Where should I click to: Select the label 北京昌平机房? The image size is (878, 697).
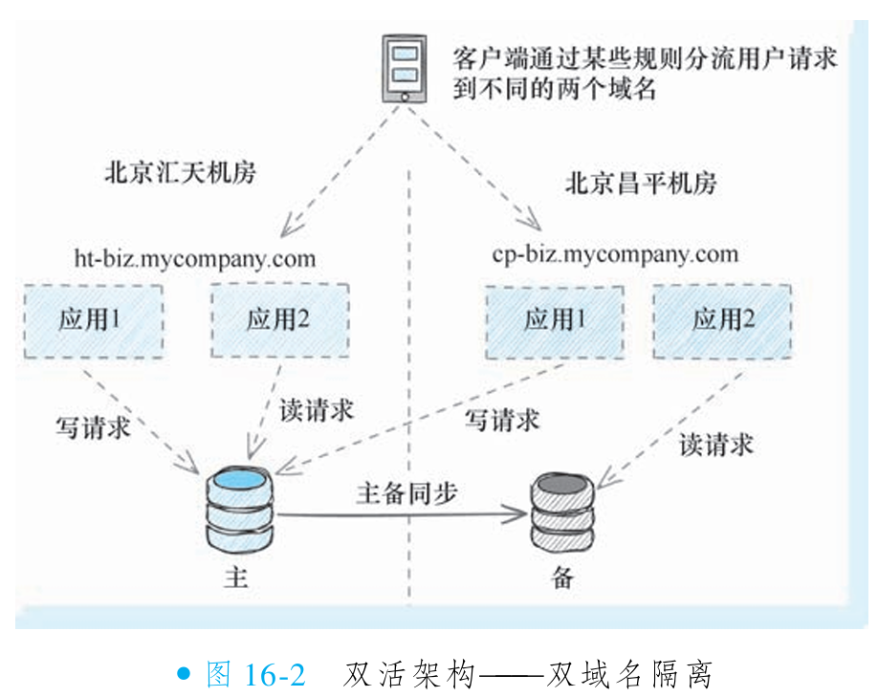click(x=641, y=182)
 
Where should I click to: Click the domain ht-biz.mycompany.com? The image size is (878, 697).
click(x=194, y=258)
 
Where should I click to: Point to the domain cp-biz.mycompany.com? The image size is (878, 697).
click(x=615, y=253)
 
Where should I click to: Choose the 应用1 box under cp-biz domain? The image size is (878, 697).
click(x=554, y=319)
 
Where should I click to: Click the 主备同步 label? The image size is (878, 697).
click(x=406, y=493)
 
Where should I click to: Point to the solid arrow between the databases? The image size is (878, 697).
click(x=402, y=516)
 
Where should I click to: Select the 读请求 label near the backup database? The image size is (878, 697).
click(x=716, y=444)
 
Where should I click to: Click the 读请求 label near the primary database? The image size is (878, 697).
click(x=317, y=410)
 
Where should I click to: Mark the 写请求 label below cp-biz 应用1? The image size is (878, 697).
click(x=501, y=419)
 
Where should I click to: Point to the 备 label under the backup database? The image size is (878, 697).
click(x=562, y=577)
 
